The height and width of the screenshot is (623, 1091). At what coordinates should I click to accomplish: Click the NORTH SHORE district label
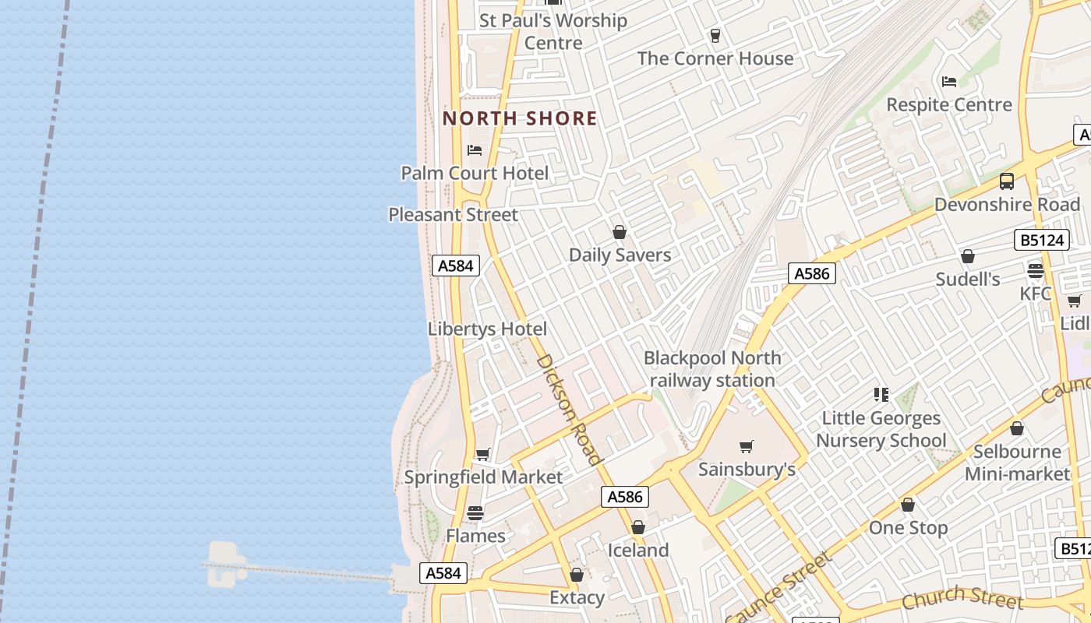click(520, 118)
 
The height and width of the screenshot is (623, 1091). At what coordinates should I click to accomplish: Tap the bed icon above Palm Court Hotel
click(475, 150)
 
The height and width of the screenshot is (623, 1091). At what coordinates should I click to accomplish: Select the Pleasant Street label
click(453, 214)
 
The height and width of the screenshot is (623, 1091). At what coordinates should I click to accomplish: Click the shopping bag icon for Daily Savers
click(620, 232)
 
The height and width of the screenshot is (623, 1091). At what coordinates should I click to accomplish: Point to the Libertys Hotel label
click(487, 329)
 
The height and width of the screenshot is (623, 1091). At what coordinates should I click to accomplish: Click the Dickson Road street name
click(570, 410)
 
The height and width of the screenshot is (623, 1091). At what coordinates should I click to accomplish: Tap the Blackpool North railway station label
click(712, 369)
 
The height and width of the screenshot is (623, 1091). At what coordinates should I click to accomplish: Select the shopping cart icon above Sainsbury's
click(747, 446)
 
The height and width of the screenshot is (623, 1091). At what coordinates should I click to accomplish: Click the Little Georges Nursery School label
click(881, 429)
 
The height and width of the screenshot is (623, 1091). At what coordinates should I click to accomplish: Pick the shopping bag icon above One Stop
click(908, 505)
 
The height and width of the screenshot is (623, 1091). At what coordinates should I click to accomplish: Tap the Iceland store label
click(638, 550)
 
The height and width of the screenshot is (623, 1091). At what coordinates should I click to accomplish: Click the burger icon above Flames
click(475, 513)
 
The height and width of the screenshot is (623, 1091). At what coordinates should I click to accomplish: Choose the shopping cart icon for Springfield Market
click(483, 454)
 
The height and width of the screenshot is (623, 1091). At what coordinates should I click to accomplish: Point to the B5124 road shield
click(1040, 240)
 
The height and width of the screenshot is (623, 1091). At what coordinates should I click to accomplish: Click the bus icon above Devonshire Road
click(1007, 181)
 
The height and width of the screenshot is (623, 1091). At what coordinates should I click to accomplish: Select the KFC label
click(1036, 294)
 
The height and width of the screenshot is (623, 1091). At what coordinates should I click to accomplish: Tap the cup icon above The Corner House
click(715, 35)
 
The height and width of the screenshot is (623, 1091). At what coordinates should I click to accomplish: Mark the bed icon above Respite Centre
click(949, 82)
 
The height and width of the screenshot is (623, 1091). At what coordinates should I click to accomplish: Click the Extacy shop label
click(577, 597)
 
